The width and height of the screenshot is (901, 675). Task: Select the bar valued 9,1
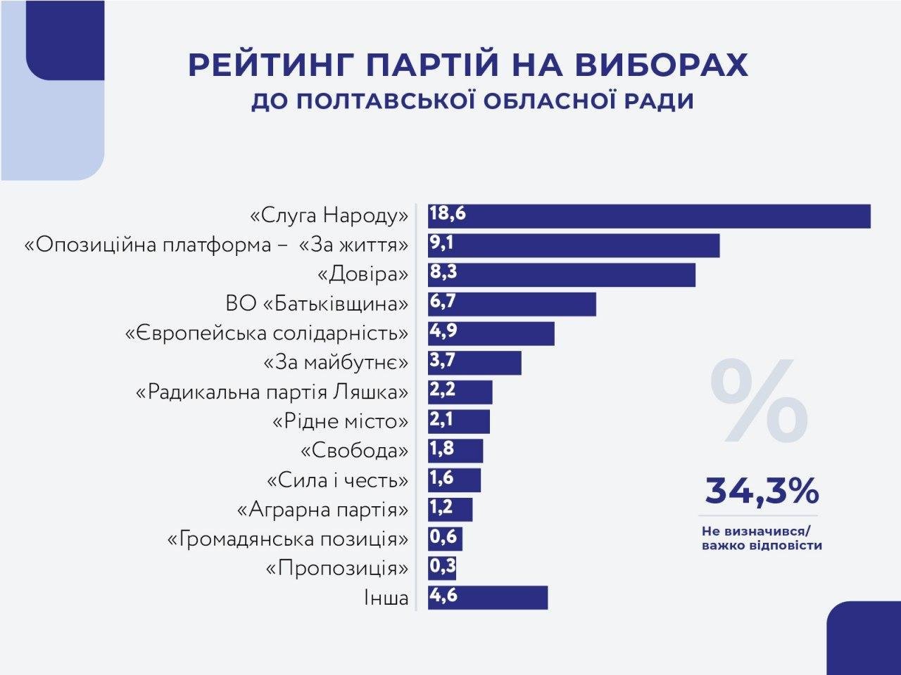pos(573,245)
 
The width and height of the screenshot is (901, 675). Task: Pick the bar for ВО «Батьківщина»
pos(512,304)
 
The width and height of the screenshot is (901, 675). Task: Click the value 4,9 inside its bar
pos(443,331)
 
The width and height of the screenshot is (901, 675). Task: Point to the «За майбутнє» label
pos(336,363)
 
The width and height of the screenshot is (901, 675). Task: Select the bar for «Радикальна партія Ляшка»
pos(460,392)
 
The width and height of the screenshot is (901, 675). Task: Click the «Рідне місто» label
pos(340,421)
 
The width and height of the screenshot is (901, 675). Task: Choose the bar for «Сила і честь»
pos(454,480)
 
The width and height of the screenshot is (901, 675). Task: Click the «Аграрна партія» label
pos(322,509)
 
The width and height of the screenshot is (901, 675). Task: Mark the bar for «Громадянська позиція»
pos(445,539)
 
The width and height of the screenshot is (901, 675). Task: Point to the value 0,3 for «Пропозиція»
pos(443,567)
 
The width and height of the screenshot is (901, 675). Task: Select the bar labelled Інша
pos(487,597)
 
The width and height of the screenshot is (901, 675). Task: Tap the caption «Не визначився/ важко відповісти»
pos(762,538)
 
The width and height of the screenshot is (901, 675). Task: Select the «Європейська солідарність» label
pos(267,333)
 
